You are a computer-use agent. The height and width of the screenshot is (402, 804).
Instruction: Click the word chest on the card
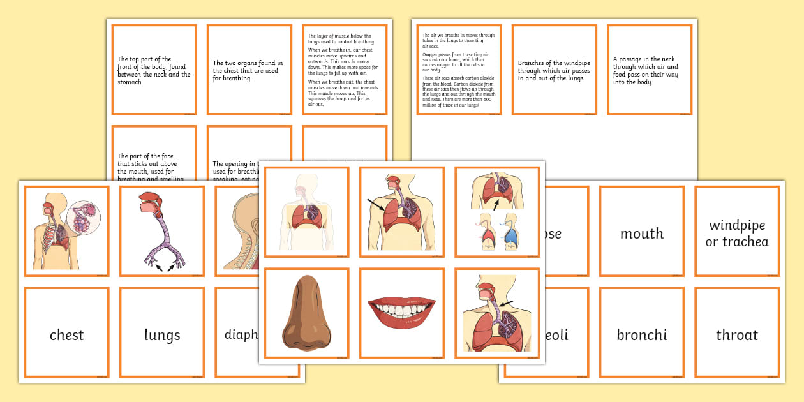click(x=66, y=335)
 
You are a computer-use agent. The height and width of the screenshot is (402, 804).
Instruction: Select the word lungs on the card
click(x=162, y=335)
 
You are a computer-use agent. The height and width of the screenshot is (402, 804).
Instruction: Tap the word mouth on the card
click(x=642, y=234)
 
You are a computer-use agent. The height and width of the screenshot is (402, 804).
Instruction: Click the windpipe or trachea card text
click(x=737, y=234)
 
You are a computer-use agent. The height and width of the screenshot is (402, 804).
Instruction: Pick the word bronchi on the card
click(x=642, y=335)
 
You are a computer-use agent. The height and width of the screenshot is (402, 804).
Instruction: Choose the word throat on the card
click(x=737, y=335)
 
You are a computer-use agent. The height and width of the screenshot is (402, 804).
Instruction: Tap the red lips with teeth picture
click(x=401, y=311)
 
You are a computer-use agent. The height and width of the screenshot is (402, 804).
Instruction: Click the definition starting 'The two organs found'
click(x=246, y=71)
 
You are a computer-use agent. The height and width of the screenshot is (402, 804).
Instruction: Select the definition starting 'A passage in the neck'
click(x=646, y=71)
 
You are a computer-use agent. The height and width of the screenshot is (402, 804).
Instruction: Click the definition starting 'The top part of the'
click(x=154, y=71)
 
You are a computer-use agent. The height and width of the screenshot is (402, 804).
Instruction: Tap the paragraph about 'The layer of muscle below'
click(x=343, y=71)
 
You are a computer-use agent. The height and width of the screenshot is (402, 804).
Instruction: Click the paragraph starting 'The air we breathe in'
click(x=458, y=71)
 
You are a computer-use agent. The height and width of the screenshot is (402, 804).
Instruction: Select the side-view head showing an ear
click(x=239, y=230)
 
